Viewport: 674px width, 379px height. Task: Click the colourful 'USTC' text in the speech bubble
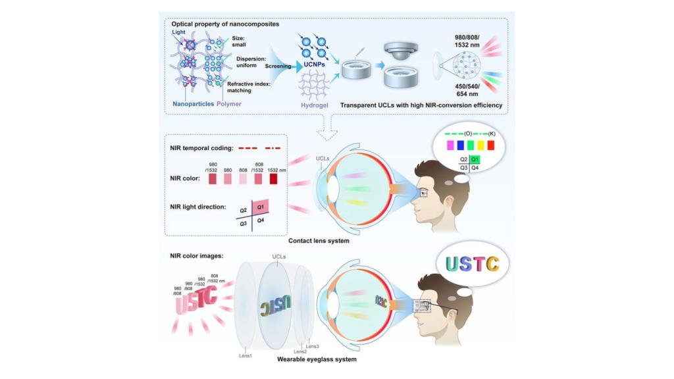[x=471, y=265]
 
